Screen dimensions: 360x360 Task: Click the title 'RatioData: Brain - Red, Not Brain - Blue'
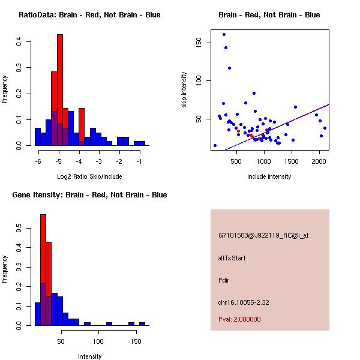[89, 15]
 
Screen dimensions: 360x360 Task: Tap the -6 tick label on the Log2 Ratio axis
[38, 161]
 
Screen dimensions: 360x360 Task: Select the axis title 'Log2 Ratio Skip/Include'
[89, 176]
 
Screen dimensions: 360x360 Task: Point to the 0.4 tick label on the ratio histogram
[20, 41]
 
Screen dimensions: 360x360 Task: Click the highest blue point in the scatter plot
[224, 34]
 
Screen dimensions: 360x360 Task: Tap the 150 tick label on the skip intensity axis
[200, 43]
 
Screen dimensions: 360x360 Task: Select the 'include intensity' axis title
[269, 176]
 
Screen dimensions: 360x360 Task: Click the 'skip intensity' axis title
[185, 89]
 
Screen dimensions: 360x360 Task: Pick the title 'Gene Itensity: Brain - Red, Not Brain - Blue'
[89, 195]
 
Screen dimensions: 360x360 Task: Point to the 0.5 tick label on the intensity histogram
[20, 229]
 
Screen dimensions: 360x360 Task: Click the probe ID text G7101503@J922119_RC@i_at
[263, 236]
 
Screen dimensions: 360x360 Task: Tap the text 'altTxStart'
[232, 258]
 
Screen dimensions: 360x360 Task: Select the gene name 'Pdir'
[224, 280]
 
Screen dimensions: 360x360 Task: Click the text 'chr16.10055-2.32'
[244, 302]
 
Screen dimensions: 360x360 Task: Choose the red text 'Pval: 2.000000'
[239, 319]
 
